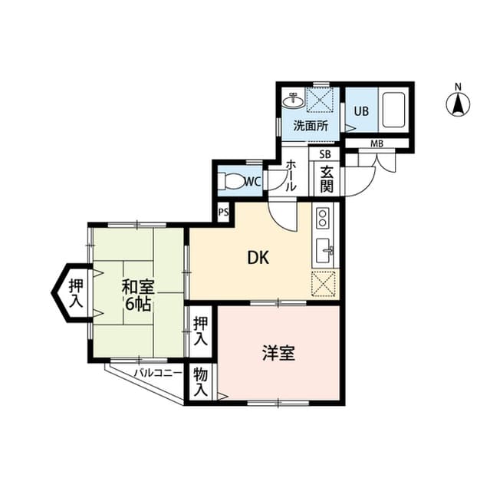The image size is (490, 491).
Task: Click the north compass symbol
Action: (x=458, y=103)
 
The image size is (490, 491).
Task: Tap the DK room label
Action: (x=257, y=259)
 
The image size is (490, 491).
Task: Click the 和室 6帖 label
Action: (x=138, y=295)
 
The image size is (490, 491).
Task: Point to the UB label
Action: (x=360, y=110)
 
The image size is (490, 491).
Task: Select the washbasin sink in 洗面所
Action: (x=292, y=100)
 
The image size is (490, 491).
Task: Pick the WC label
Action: (x=252, y=182)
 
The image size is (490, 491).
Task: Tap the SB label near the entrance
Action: (x=325, y=153)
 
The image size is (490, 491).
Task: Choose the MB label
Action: (x=377, y=143)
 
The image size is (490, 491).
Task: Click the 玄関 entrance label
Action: (x=326, y=181)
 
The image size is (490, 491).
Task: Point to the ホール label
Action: (x=291, y=177)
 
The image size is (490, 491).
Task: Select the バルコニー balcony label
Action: (x=157, y=374)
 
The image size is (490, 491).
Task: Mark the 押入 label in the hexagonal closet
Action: (x=75, y=292)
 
